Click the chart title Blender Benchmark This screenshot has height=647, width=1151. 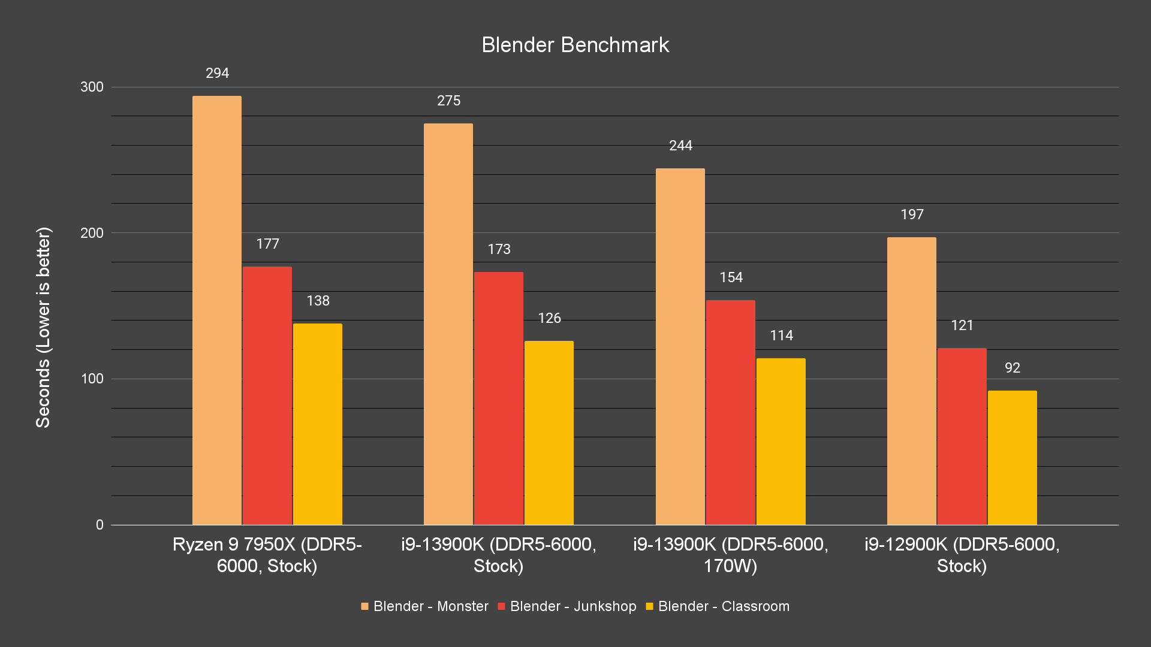click(x=575, y=45)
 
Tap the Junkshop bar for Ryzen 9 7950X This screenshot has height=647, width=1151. click(x=267, y=395)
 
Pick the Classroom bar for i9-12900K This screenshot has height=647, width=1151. click(x=1012, y=458)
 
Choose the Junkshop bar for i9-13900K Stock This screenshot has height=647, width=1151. click(x=499, y=398)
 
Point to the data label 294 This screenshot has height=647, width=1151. click(x=217, y=73)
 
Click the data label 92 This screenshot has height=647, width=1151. click(x=1012, y=368)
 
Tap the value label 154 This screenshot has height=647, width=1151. click(x=731, y=277)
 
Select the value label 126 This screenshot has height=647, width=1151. click(x=549, y=318)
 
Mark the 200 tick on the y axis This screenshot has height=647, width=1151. click(x=92, y=233)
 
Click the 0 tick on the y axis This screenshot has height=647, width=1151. click(x=100, y=525)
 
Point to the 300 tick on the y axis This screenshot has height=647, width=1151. click(x=92, y=87)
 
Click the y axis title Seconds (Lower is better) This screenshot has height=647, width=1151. click(x=43, y=327)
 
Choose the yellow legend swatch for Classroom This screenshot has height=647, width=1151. click(x=649, y=606)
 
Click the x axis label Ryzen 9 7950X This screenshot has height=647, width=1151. click(x=267, y=555)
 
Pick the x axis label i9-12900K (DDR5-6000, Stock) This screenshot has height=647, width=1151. click(x=962, y=555)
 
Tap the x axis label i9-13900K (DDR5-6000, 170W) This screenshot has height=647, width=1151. click(x=730, y=555)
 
